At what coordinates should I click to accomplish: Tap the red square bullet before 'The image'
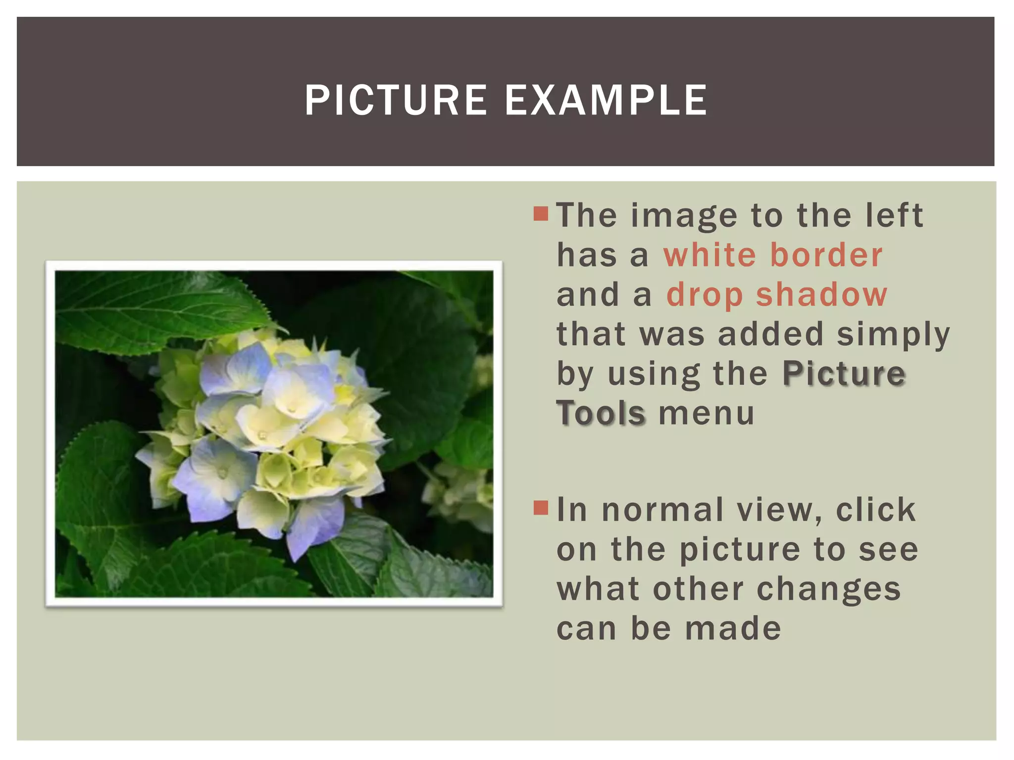[x=541, y=214]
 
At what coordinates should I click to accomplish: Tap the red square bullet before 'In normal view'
[x=541, y=508]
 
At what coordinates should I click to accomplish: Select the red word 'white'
[x=710, y=255]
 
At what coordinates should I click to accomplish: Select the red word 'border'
[x=826, y=255]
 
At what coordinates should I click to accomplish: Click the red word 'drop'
[x=705, y=295]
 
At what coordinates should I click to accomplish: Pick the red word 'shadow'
[x=822, y=295]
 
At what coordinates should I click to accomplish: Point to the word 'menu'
[x=707, y=414]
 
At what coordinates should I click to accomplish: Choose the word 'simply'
[x=894, y=335]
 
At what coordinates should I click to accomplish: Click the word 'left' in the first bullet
[x=894, y=216]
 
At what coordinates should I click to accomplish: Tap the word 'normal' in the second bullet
[x=663, y=510]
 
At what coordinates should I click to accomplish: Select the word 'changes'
[x=829, y=589]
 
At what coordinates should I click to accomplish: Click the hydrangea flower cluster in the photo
[x=267, y=435]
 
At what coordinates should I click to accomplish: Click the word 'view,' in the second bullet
[x=779, y=510]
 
